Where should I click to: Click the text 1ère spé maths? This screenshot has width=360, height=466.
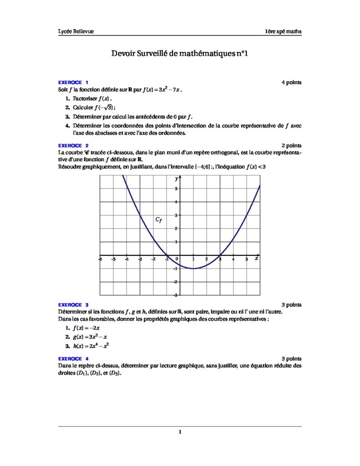[x=284, y=31]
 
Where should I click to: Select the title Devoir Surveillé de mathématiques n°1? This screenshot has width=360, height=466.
[x=179, y=54]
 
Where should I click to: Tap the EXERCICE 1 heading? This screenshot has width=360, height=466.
[x=73, y=82]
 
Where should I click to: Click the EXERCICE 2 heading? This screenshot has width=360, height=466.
[x=73, y=146]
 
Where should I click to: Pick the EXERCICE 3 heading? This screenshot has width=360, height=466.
[x=73, y=304]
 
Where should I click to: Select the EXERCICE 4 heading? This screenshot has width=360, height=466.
[x=73, y=359]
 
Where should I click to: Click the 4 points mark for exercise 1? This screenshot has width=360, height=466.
[x=291, y=82]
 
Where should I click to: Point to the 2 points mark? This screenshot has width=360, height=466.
[x=291, y=146]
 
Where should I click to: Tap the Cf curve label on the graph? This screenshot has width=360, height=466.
[x=158, y=220]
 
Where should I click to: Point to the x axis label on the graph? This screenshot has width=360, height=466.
[x=256, y=258]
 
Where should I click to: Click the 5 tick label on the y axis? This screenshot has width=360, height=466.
[x=176, y=188]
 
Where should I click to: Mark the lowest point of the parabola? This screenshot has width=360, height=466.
[x=193, y=268]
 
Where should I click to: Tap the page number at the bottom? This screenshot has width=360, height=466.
[x=180, y=432]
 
